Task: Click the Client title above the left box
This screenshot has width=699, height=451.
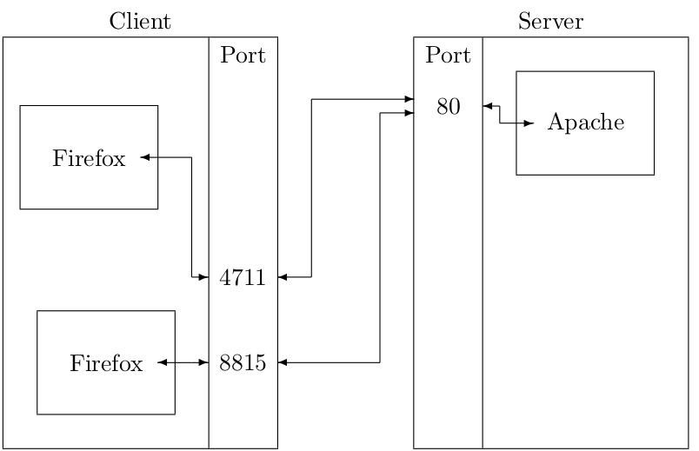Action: (140, 22)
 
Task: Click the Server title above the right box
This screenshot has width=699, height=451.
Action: (550, 22)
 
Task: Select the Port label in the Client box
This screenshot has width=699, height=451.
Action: (243, 57)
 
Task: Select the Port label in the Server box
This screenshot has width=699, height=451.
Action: (448, 57)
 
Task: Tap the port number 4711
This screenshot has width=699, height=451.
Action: (243, 278)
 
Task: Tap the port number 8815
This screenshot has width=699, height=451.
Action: (243, 363)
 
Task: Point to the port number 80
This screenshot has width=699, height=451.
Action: (449, 108)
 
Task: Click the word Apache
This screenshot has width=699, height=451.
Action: (585, 123)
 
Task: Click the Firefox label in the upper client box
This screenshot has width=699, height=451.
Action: (89, 158)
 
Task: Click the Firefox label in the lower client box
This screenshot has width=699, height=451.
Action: (106, 363)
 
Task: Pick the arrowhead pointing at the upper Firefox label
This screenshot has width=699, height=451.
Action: (145, 157)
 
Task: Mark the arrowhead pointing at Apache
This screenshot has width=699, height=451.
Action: (529, 123)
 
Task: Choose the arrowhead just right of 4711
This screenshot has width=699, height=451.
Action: (283, 277)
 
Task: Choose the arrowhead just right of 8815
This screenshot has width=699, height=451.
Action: (283, 362)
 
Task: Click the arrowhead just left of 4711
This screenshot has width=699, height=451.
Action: (203, 277)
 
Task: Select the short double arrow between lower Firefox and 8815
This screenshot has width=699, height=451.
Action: (183, 362)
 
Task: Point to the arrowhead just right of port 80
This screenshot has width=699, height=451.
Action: (488, 107)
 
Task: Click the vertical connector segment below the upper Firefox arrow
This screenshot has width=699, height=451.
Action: (191, 217)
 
